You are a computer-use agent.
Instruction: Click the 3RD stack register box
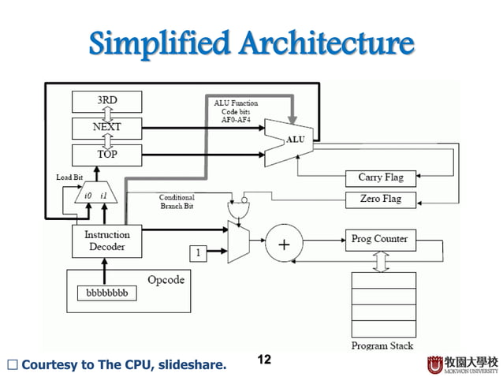107,101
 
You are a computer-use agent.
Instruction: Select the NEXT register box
107,127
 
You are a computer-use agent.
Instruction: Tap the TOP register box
107,154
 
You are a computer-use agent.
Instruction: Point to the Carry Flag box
381,178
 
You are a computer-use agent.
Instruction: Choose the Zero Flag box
381,200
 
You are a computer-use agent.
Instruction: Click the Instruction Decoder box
107,241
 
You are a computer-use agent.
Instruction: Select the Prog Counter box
380,239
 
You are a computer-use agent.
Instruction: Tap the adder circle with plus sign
284,244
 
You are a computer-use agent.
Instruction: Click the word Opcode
166,280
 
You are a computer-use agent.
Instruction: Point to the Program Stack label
381,345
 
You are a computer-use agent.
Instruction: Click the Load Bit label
69,177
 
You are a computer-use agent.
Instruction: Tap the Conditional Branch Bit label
177,201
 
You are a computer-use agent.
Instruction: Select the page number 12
264,360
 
